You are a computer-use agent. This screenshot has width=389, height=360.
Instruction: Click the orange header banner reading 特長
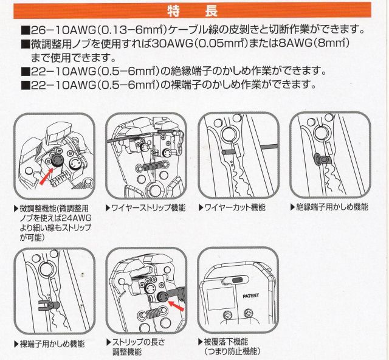pos(192,11)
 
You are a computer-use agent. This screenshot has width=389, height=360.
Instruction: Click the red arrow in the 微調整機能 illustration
pos(47,176)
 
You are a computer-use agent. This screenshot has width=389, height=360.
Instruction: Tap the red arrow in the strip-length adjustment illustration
pos(176,305)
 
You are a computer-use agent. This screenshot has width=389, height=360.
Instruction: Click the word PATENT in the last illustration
pos(250,296)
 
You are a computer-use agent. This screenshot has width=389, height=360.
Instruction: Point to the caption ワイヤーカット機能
pos(235,207)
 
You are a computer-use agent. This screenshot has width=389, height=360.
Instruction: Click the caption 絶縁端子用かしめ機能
pos(332,207)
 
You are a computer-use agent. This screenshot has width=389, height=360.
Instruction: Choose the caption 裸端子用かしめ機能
pos(52,344)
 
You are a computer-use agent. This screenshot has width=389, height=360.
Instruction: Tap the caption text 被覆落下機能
pos(226,342)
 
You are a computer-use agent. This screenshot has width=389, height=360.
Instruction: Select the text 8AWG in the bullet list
pos(295,44)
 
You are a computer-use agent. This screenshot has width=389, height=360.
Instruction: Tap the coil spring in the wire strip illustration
pos(151,165)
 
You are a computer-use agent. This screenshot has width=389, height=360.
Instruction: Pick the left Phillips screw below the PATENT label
pos(227,316)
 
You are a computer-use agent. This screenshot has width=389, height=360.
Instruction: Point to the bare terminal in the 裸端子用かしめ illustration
pos(48,305)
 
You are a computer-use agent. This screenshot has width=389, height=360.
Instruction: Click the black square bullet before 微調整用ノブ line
pos(25,44)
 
